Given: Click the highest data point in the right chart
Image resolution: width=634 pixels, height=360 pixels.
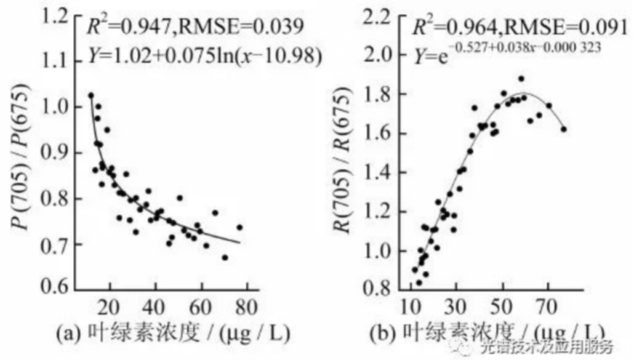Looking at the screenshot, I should [x=521, y=79].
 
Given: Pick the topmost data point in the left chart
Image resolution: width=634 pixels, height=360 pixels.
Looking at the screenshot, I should [x=91, y=95].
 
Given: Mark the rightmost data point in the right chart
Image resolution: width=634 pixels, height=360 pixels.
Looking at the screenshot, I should [x=563, y=129].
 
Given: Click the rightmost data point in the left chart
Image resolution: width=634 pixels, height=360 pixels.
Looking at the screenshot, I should [x=239, y=227].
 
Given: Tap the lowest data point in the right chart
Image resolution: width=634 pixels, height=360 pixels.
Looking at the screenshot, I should [x=419, y=282].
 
